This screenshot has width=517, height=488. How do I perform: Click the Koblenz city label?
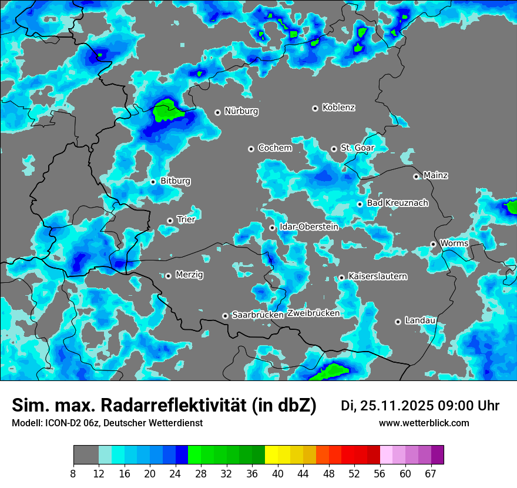tap(338, 108)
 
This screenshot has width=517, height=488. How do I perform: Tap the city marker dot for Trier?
tap(170, 220)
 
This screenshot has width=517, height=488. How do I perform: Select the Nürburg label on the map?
tap(241, 111)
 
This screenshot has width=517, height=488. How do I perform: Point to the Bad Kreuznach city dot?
tap(360, 204)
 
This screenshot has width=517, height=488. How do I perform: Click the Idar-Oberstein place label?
tap(308, 226)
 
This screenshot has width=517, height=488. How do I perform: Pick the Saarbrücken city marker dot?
tap(225, 316)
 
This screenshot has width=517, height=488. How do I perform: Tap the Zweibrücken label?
tap(314, 313)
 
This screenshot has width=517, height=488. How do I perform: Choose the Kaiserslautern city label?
tap(377, 276)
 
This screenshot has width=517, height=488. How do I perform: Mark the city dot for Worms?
tap(433, 244)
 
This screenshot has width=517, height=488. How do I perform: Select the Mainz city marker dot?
tap(416, 176)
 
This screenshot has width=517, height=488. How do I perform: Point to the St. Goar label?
tap(357, 148)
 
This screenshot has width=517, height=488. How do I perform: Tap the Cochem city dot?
tap(251, 149)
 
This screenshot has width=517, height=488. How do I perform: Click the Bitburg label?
tap(175, 181)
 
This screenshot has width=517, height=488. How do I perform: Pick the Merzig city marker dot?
tap(168, 276)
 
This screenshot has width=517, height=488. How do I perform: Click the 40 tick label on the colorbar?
tap(278, 473)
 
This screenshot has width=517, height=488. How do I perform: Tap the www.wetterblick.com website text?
tap(424, 423)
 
